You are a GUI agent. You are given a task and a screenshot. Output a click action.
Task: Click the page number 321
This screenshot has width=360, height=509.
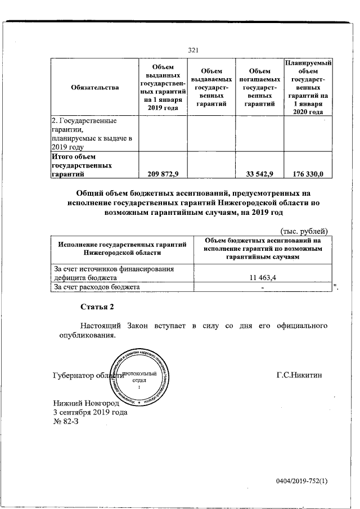193,50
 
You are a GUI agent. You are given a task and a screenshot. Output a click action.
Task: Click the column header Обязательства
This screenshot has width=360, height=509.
95,87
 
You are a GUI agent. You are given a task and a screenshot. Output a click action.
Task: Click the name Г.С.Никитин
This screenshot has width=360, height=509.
299,374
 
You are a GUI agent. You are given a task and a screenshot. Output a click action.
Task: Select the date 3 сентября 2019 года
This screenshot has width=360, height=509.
90,412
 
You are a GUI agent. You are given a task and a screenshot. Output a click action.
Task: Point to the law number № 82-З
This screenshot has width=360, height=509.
66,422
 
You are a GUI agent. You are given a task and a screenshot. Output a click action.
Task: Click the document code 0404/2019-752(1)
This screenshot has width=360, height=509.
301,481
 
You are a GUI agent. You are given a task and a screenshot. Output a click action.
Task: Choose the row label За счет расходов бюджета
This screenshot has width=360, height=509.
95,287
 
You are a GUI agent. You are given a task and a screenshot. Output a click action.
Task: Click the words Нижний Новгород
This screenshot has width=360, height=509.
87,403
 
